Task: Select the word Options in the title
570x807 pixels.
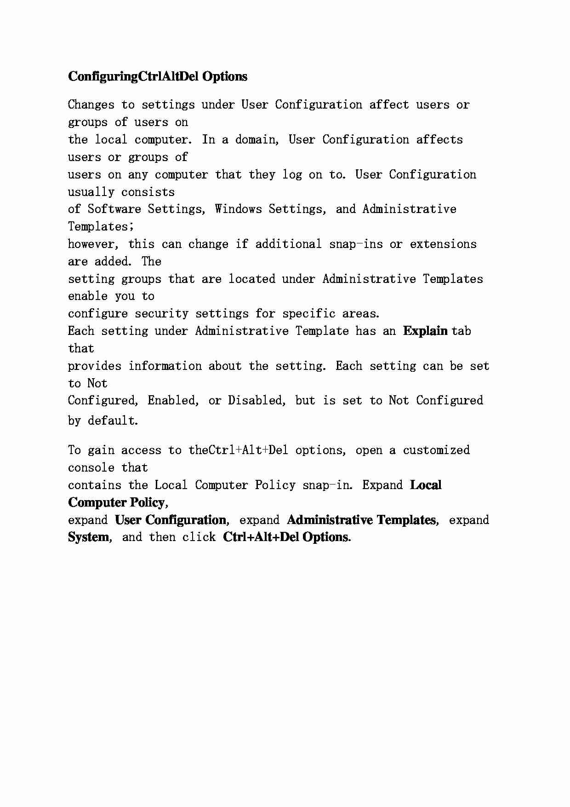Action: [x=224, y=76]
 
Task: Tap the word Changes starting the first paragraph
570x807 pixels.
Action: [x=91, y=105]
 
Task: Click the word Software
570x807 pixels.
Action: [x=114, y=209]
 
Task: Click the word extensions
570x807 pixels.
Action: [x=443, y=244]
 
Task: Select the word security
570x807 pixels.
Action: [x=161, y=314]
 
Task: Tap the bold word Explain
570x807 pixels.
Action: [x=425, y=331]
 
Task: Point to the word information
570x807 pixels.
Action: [x=165, y=366]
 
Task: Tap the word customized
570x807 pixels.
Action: [x=436, y=450]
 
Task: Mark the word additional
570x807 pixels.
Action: [x=288, y=244]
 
